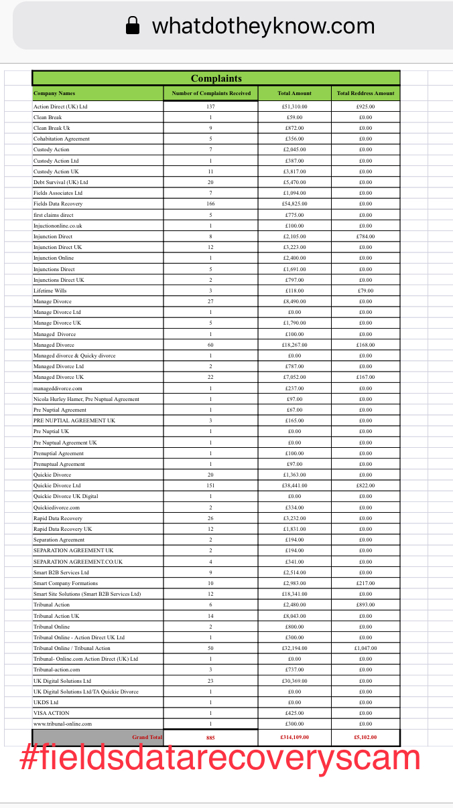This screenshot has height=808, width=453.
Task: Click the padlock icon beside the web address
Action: click(x=133, y=26)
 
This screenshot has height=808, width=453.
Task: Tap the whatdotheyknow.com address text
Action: click(x=263, y=26)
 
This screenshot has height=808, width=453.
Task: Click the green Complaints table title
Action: click(x=216, y=78)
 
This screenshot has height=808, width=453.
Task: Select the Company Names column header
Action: click(x=54, y=93)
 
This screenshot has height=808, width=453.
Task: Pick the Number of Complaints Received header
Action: click(x=211, y=93)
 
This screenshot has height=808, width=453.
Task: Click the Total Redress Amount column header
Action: click(x=365, y=93)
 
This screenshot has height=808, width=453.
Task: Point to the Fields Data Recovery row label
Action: click(x=58, y=204)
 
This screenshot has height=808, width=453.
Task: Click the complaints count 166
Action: click(x=210, y=204)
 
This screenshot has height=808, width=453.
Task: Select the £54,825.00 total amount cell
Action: click(x=295, y=204)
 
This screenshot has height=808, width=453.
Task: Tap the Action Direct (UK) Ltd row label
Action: click(x=60, y=106)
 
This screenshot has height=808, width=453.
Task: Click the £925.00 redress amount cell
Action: click(x=366, y=106)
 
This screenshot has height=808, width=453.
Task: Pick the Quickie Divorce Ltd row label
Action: click(x=57, y=485)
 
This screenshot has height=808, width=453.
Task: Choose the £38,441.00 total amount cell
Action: click(x=295, y=485)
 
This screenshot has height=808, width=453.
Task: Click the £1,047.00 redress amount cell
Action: click(x=366, y=648)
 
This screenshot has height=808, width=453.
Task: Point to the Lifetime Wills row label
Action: click(x=50, y=291)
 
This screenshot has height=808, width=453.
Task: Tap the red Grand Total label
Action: click(x=147, y=736)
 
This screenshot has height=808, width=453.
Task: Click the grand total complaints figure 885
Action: click(x=210, y=736)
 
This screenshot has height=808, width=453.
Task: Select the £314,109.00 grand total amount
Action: click(x=295, y=736)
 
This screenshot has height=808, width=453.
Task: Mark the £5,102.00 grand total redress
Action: click(x=366, y=736)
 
